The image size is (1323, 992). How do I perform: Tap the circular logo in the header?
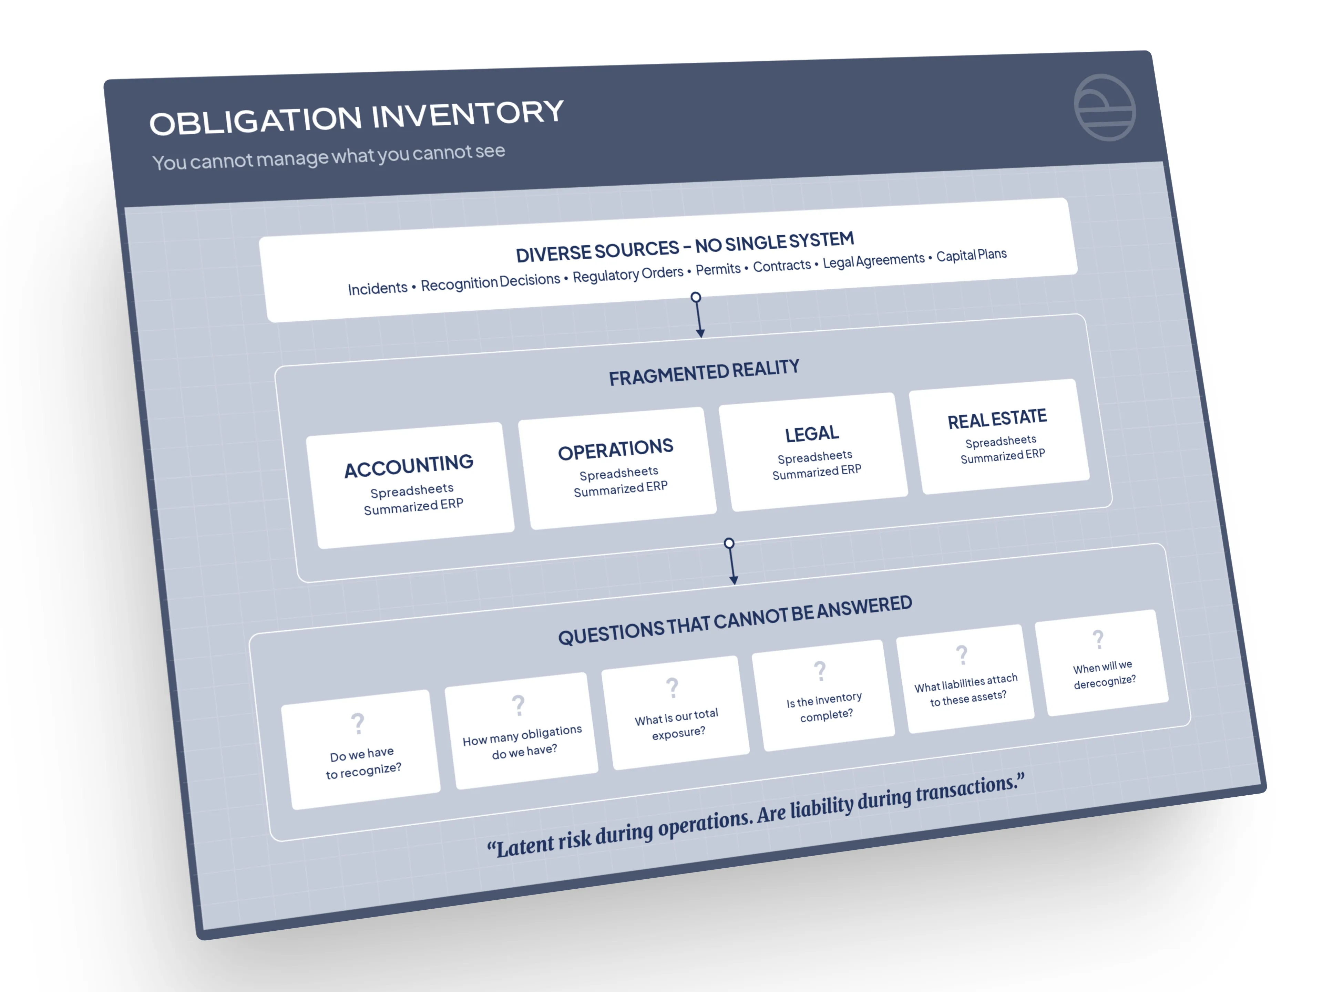point(1104,107)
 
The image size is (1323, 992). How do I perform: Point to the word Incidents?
point(377,289)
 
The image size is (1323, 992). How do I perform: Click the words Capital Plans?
point(971,255)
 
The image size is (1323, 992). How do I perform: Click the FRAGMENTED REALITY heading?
point(704,373)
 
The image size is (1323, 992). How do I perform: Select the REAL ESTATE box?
point(999,436)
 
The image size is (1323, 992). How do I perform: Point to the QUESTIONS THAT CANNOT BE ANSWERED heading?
point(735,621)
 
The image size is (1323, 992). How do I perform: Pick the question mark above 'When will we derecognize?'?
point(1098,640)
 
